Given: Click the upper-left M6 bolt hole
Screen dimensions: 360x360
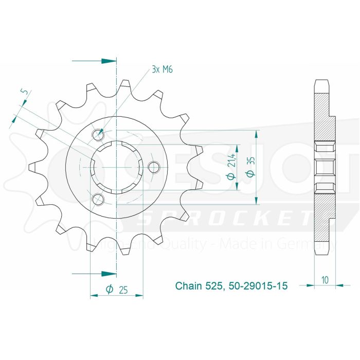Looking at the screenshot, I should (98, 135).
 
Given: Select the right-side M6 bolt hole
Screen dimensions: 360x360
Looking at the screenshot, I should (153, 167).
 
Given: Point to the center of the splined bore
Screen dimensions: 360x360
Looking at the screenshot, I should (116, 167).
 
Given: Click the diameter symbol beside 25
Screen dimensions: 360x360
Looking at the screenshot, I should (109, 290).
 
